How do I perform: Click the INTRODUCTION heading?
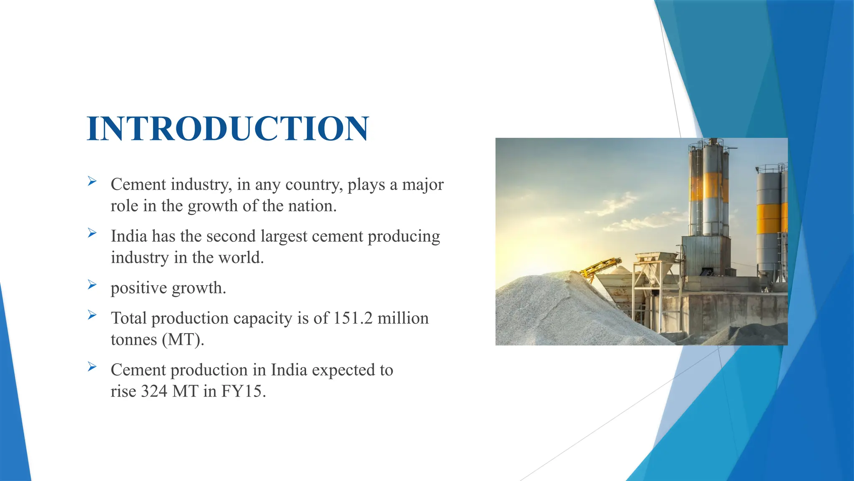point(228,128)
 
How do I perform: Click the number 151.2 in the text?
point(353,318)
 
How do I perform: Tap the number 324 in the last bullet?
point(154,391)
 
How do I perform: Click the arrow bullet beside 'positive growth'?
point(92,285)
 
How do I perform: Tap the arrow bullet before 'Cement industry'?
point(92,181)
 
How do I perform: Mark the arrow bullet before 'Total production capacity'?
point(92,315)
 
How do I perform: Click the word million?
point(403,318)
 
